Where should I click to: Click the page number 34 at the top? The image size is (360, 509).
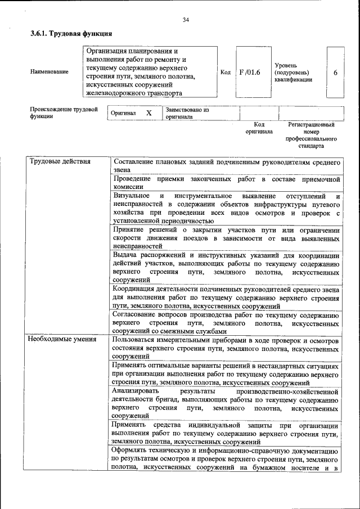click(186, 21)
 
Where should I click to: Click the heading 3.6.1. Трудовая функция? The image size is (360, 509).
click(67, 34)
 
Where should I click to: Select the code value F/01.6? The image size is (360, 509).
click(249, 73)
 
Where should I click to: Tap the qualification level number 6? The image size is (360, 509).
click(335, 73)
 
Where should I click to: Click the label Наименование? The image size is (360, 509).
click(49, 72)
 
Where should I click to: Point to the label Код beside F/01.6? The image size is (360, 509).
click(226, 73)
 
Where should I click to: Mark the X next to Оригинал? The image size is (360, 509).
click(149, 113)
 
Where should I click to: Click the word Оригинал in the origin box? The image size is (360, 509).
click(123, 113)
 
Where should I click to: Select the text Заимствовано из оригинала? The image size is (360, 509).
click(187, 114)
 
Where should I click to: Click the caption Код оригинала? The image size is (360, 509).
click(259, 128)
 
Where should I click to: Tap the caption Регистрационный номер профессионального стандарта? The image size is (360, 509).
click(311, 135)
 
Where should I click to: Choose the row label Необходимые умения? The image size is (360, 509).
click(62, 339)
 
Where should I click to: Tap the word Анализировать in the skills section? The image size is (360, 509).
click(136, 390)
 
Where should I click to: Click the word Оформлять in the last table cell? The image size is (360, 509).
click(130, 451)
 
